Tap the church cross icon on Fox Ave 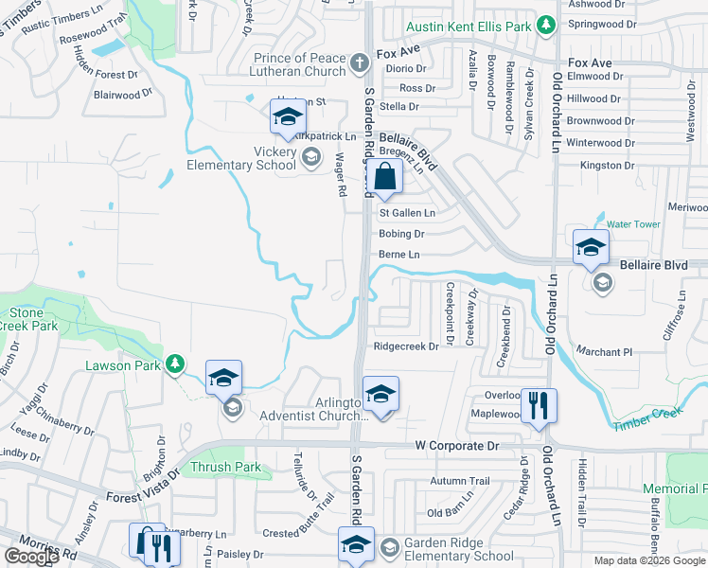(359, 64)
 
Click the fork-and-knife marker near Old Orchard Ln (539, 405)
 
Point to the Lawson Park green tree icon (174, 364)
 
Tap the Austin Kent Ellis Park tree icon (545, 25)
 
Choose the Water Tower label (632, 224)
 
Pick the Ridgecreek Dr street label (406, 346)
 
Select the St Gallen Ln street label (407, 214)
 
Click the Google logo (31, 557)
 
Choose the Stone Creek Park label (28, 319)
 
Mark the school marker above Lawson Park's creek (224, 378)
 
